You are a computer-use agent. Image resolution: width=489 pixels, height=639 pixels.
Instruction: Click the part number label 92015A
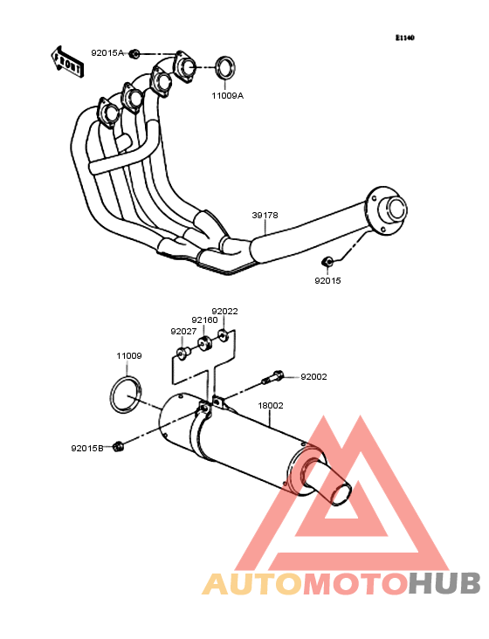click(107, 53)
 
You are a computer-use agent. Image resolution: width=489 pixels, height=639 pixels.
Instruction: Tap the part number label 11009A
click(227, 96)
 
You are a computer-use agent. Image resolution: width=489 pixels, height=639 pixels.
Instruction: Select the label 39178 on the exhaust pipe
click(265, 215)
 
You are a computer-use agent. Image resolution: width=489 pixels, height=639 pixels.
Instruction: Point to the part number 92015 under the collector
click(327, 281)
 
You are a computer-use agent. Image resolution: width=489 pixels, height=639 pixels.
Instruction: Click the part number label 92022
click(224, 312)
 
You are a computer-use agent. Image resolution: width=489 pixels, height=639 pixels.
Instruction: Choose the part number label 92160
click(205, 320)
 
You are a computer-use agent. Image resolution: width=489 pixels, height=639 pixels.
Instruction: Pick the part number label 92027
click(183, 332)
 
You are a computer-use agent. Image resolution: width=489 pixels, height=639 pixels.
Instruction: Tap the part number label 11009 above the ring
click(129, 356)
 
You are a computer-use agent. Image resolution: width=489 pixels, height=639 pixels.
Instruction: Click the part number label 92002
click(313, 377)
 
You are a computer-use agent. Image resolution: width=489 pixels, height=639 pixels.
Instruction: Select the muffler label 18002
click(271, 406)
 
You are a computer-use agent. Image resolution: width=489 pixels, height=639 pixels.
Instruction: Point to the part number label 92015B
click(87, 449)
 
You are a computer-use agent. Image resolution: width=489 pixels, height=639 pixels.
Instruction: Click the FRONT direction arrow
click(67, 62)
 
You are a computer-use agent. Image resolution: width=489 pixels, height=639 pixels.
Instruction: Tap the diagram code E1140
click(405, 38)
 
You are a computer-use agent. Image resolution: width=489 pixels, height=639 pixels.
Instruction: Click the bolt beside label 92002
click(272, 376)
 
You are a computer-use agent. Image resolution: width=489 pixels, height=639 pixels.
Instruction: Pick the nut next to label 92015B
click(118, 447)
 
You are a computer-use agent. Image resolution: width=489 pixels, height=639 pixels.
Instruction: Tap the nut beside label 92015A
click(134, 53)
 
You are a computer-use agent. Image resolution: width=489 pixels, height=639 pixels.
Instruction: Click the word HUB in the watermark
click(445, 583)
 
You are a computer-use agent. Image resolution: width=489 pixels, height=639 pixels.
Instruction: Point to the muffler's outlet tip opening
click(341, 495)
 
